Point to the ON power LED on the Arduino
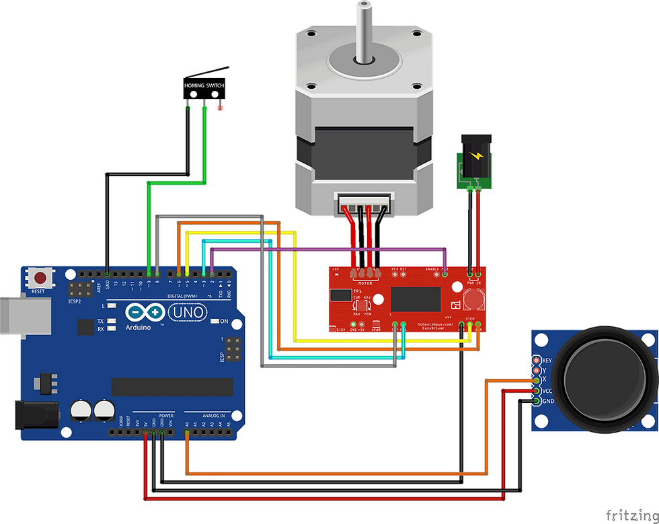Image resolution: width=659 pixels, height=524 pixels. [x=215, y=321]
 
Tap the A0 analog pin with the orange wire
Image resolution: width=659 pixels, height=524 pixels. [x=188, y=435]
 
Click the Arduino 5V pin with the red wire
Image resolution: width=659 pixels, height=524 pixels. [x=145, y=435]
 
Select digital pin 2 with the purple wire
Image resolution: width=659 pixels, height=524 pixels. [x=212, y=273]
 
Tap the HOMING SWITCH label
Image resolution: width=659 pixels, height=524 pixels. [x=204, y=86]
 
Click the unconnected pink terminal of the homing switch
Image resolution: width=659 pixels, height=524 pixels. [x=217, y=106]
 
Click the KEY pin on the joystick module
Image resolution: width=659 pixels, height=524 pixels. [x=537, y=360]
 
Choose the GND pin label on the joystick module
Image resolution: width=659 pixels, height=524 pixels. [x=548, y=402]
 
